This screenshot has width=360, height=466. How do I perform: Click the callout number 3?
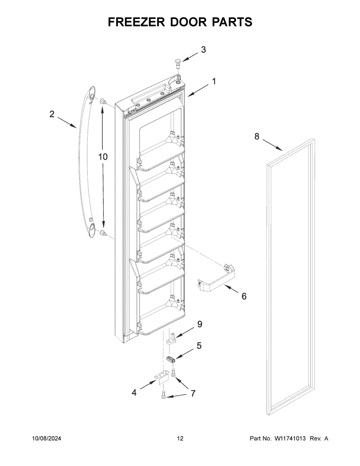[203, 50]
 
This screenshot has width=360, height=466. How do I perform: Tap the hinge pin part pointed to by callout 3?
[177, 63]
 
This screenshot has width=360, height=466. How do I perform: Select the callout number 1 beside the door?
[214, 81]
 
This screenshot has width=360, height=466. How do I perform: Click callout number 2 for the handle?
[52, 114]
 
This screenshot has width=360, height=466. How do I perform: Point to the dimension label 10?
[103, 157]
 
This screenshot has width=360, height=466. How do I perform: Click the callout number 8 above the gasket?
[257, 137]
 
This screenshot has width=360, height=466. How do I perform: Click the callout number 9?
[199, 324]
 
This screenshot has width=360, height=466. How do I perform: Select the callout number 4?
[134, 392]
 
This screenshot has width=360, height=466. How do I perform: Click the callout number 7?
[193, 393]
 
